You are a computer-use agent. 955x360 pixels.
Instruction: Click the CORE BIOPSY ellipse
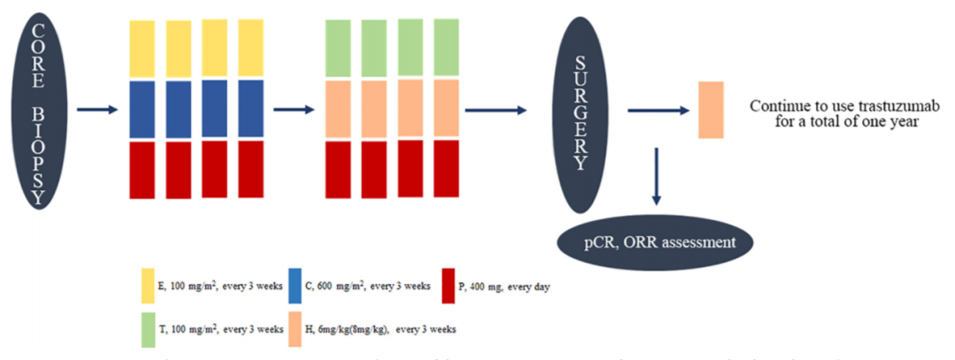click(x=36, y=110)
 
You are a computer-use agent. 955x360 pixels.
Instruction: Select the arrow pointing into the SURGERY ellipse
click(x=496, y=111)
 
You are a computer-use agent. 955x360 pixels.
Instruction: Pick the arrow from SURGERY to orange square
click(x=658, y=111)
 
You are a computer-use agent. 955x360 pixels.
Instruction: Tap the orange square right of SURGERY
click(x=711, y=110)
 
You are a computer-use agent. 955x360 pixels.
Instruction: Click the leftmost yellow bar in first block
click(x=142, y=50)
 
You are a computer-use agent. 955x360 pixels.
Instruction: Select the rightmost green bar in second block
click(x=447, y=48)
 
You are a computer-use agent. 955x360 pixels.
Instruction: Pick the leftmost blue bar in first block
click(x=142, y=110)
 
